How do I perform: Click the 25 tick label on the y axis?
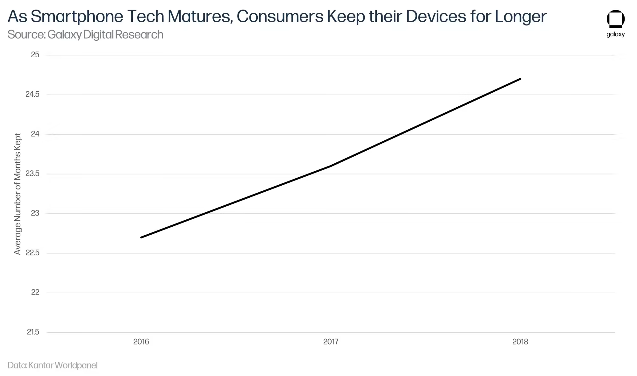[x=35, y=55]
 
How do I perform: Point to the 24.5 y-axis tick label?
[x=32, y=94]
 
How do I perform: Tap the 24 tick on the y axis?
[x=35, y=134]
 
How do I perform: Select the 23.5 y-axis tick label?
[x=32, y=174]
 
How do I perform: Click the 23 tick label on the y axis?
[x=35, y=213]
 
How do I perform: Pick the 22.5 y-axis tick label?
[x=32, y=253]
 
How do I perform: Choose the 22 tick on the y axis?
[x=35, y=292]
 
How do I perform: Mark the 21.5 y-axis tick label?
[x=33, y=332]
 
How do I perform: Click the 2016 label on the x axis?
[x=141, y=342]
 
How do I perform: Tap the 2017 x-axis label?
[x=331, y=342]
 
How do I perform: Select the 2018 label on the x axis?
[x=520, y=342]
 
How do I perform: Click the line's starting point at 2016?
[x=141, y=237]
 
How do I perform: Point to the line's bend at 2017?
[x=331, y=166]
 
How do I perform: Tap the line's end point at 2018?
[x=520, y=79]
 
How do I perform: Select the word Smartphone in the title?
[x=77, y=17]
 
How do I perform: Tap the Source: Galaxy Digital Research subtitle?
[x=85, y=34]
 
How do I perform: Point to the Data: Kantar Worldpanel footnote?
[x=53, y=365]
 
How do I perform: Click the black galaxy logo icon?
[x=615, y=19]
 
